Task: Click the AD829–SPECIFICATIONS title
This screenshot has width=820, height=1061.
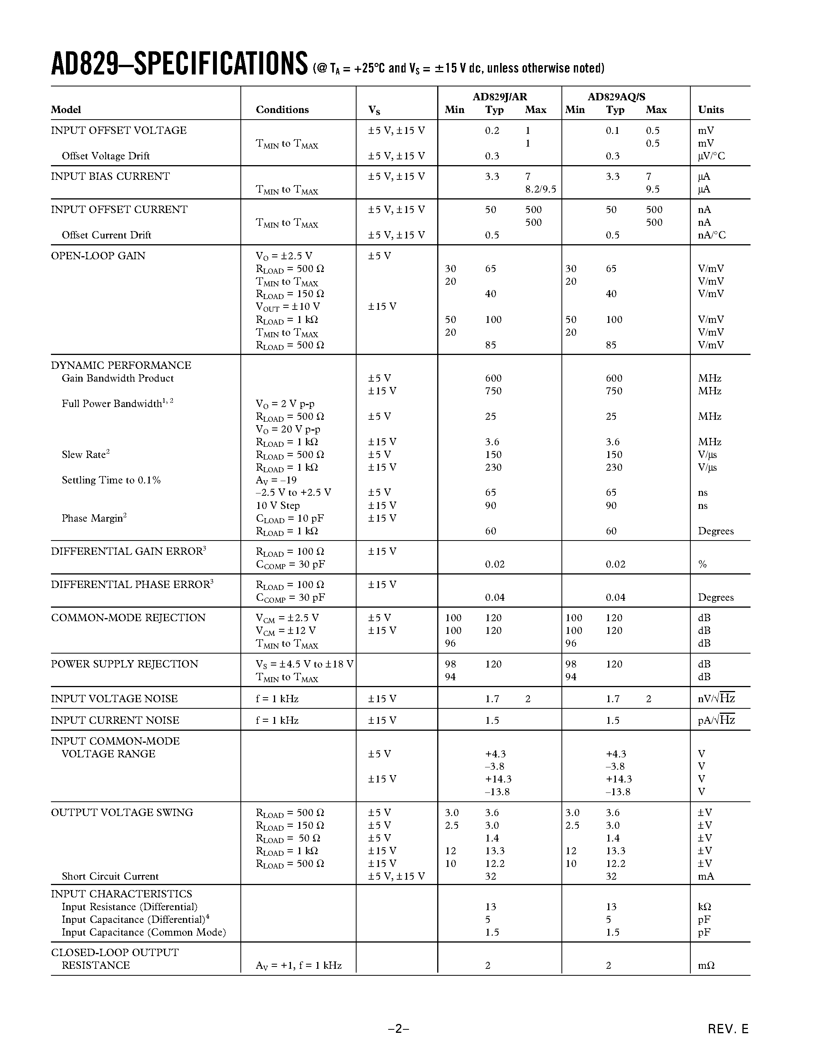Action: [x=179, y=64]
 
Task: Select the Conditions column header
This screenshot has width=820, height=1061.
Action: [x=282, y=110]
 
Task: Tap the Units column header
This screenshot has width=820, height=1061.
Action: [x=711, y=110]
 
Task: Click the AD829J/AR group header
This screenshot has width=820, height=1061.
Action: [x=499, y=97]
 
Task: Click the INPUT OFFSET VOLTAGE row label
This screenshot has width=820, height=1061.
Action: [x=118, y=130]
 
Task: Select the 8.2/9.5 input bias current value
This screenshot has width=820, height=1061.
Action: [x=540, y=189]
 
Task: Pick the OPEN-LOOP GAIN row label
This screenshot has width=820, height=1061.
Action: [x=98, y=255]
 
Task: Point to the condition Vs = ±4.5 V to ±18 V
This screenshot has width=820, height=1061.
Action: [x=304, y=664]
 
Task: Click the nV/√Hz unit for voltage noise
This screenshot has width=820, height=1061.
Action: [x=716, y=699]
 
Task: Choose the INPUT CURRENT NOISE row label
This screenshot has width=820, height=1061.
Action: [x=115, y=720]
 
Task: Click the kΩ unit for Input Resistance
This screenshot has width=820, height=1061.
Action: [x=704, y=907]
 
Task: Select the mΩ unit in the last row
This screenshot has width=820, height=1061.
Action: [x=706, y=965]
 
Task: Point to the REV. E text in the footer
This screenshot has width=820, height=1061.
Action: [x=728, y=1029]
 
